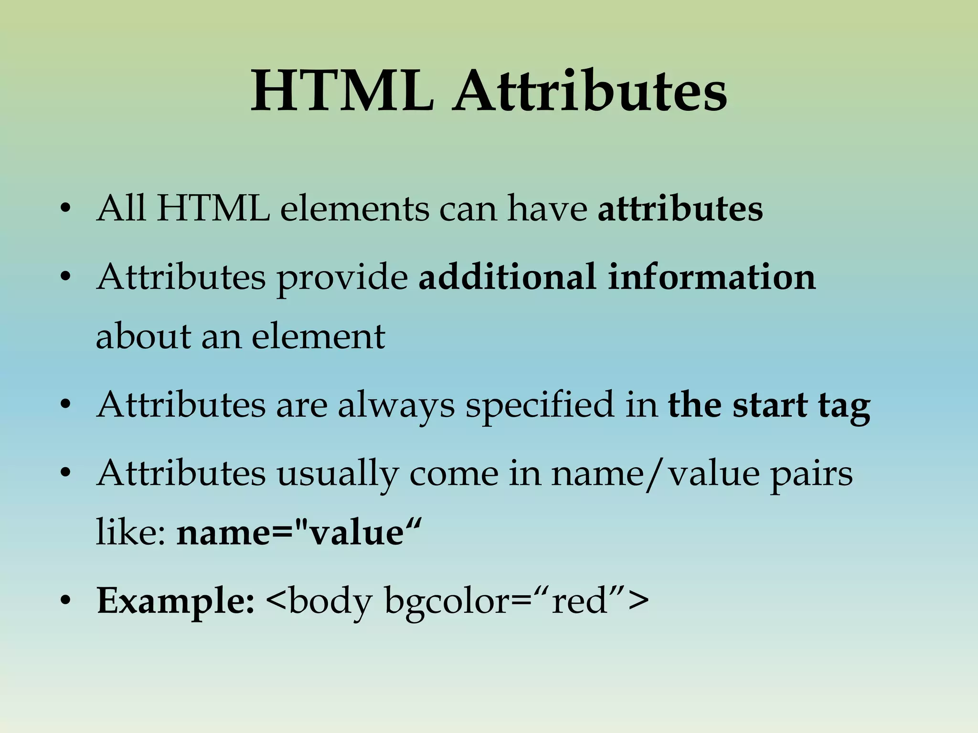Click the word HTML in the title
click(x=342, y=91)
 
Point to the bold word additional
click(x=507, y=277)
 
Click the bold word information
click(x=712, y=277)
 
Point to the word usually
click(x=337, y=475)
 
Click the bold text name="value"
click(x=299, y=532)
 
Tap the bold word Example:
click(x=175, y=602)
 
